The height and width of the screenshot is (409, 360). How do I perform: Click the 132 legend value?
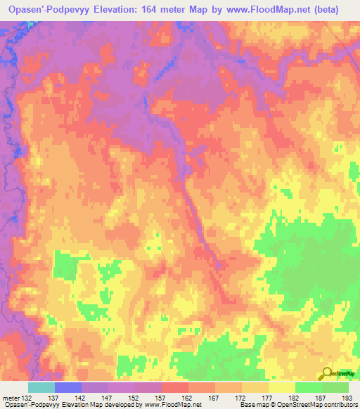click(27, 398)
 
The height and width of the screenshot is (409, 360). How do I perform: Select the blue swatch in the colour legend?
click(68, 387)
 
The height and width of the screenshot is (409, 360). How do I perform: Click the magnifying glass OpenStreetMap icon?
click(326, 374)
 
